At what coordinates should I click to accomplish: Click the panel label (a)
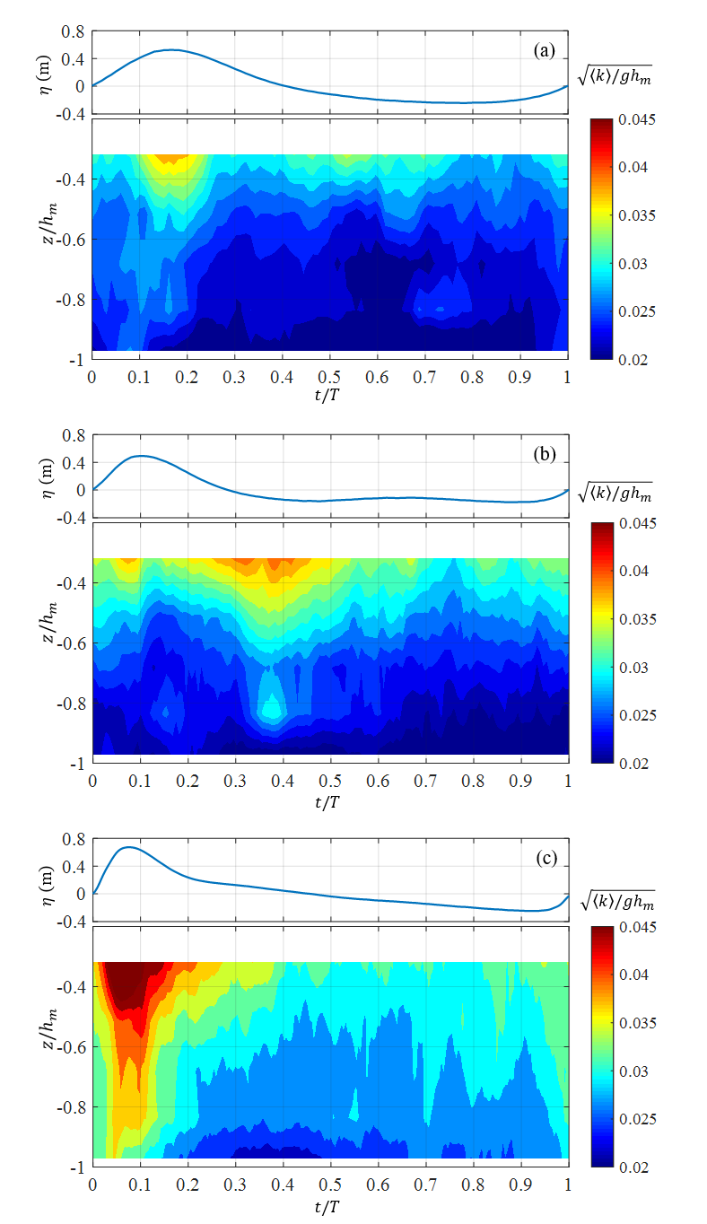coord(544,51)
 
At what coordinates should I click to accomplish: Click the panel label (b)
coord(544,454)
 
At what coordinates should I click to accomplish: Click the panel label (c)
coord(545,858)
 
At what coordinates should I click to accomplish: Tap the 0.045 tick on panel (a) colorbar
coord(637,119)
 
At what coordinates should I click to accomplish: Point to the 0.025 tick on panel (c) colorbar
coord(637,1119)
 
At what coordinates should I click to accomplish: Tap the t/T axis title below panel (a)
coord(330,396)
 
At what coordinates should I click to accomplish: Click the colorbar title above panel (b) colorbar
coord(615,492)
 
